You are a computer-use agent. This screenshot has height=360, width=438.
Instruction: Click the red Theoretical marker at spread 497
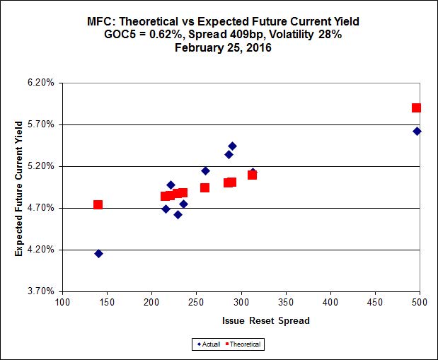click(417, 108)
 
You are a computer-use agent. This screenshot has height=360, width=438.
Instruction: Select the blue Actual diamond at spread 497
click(417, 131)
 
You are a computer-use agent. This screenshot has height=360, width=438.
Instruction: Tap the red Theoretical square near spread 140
click(98, 204)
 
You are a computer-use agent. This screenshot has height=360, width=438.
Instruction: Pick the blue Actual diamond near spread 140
click(98, 253)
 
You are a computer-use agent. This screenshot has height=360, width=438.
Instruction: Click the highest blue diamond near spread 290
click(232, 146)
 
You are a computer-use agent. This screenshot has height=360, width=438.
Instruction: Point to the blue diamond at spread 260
click(205, 170)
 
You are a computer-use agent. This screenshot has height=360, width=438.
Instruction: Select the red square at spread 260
click(204, 187)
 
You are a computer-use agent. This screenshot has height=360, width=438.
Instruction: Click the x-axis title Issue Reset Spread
click(241, 320)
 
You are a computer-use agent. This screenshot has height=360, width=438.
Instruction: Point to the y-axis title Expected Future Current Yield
click(19, 187)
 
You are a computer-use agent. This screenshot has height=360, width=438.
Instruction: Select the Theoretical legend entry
click(245, 344)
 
